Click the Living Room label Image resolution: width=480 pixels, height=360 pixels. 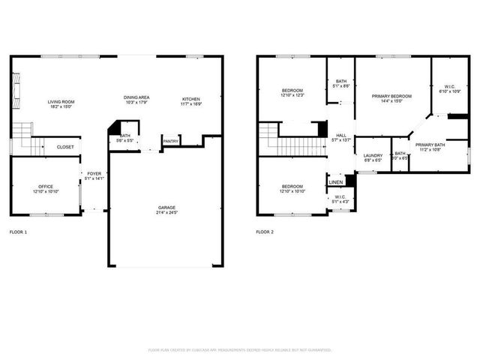coord(61,101)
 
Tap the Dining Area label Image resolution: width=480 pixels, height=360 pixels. coord(137,97)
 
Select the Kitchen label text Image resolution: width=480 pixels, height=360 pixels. coord(190,98)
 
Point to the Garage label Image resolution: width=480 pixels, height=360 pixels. coord(166,208)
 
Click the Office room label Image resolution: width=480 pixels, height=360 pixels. coord(45,186)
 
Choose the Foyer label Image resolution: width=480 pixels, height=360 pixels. coord(94,174)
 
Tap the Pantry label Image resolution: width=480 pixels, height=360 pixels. coord(171,140)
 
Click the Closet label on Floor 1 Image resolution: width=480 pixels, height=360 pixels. coord(65,147)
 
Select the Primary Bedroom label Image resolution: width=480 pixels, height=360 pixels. coord(391,97)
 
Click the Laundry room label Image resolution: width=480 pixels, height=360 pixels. coord(373,155)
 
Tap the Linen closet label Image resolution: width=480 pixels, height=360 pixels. coord(336,181)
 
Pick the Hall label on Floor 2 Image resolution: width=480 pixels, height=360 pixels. coord(341,135)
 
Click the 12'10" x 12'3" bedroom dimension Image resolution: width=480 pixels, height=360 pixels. coord(292,95)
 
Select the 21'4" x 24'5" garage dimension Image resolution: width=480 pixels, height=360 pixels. coord(166,212)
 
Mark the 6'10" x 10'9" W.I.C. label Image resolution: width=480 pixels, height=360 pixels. coord(450,91)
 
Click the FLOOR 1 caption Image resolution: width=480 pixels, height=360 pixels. coord(18,232)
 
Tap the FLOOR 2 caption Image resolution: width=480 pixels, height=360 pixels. coord(265,232)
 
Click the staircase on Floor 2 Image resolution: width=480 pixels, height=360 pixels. coord(292,138)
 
